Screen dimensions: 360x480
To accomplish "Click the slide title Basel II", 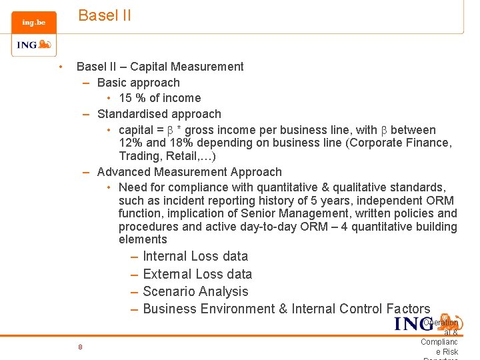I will pyautogui.click(x=105, y=15).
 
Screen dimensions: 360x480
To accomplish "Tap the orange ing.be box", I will pyautogui.click(x=34, y=22).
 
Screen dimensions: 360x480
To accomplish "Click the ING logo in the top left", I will pyautogui.click(x=33, y=45).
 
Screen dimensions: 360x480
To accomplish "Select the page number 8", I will pyautogui.click(x=80, y=347).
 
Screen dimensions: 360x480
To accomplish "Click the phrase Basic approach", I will pyautogui.click(x=138, y=83).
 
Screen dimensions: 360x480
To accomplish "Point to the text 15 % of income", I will pyautogui.click(x=160, y=98).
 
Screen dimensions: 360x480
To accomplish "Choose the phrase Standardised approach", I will pyautogui.click(x=159, y=114).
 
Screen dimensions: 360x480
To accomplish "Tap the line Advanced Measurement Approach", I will pyautogui.click(x=189, y=172).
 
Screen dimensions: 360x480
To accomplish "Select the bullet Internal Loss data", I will pyautogui.click(x=195, y=256).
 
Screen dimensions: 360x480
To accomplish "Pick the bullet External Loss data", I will pyautogui.click(x=197, y=274).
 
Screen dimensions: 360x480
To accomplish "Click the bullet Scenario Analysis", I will pyautogui.click(x=195, y=291).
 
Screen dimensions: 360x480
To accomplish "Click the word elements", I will pyautogui.click(x=143, y=239).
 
